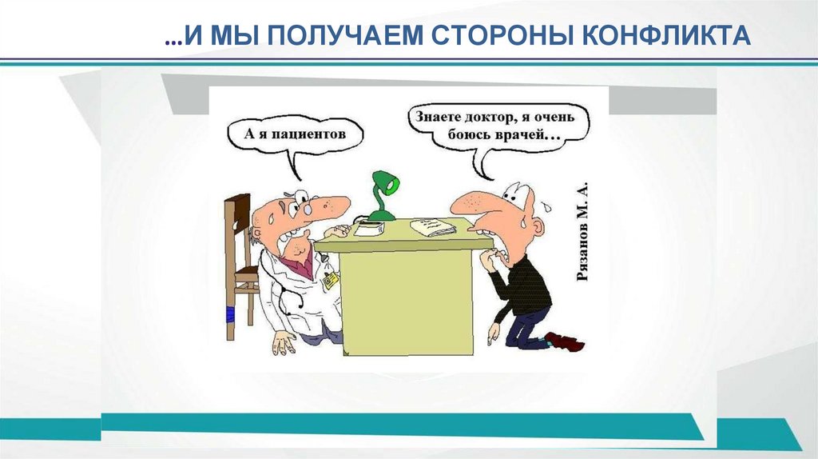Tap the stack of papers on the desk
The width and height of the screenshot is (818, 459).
(433, 227)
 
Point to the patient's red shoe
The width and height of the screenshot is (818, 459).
(567, 342)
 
